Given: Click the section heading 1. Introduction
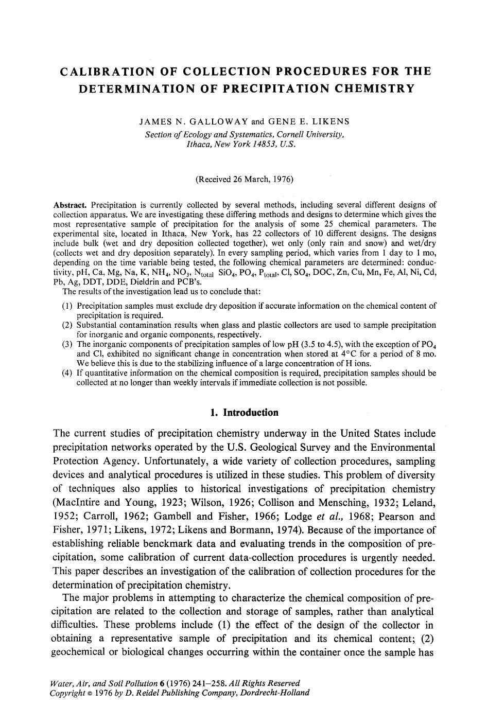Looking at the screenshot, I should coord(245,413).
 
